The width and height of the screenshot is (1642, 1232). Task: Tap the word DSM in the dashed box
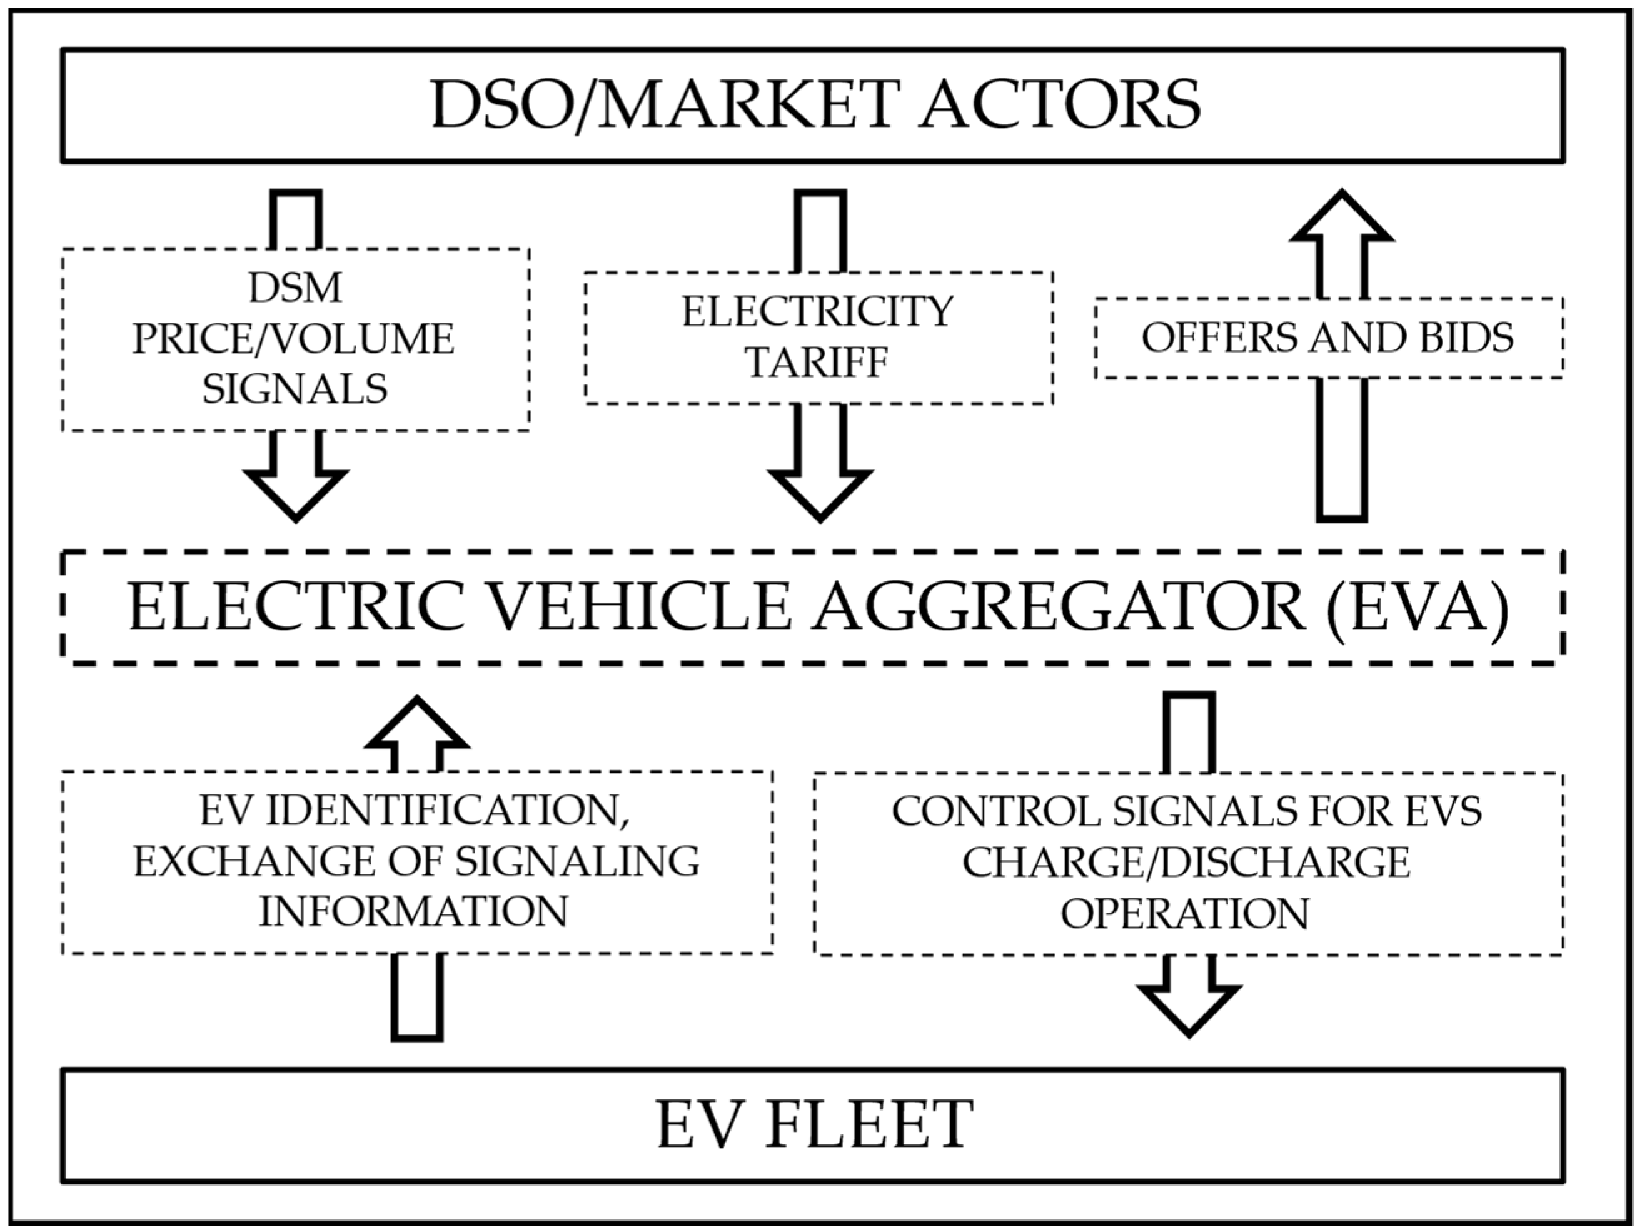point(295,288)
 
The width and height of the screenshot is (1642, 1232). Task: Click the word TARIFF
point(817,362)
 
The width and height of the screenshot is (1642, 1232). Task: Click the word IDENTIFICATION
point(445,811)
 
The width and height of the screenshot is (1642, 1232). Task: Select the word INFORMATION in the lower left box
point(413,911)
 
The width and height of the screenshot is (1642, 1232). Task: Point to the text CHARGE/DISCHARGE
point(1186,863)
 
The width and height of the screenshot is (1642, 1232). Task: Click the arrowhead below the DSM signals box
point(295,494)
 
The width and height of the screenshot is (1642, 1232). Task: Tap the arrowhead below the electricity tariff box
point(820,494)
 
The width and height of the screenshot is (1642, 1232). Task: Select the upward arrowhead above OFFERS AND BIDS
point(1341,219)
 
